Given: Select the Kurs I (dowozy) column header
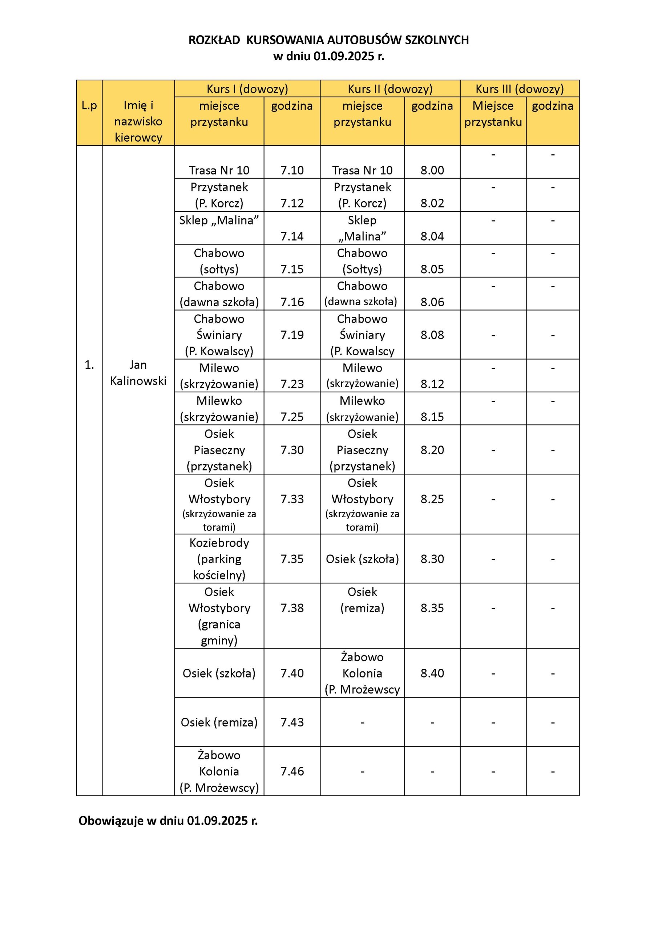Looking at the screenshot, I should [x=247, y=89].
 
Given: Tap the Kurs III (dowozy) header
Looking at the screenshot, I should [x=520, y=89].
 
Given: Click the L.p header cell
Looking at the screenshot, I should [x=89, y=106].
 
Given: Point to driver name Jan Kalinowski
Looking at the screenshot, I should [x=138, y=373].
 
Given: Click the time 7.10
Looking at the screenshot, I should [x=292, y=170].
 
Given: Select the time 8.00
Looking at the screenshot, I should [x=432, y=170].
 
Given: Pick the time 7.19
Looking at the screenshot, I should [x=292, y=335].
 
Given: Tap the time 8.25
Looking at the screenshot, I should [x=432, y=499].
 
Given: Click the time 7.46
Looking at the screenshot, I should [x=292, y=771].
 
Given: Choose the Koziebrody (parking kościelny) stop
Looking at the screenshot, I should [x=219, y=559].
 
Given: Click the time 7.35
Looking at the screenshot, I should [x=292, y=559].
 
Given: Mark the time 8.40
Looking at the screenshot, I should [x=432, y=673].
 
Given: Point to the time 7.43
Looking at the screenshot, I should [x=292, y=722].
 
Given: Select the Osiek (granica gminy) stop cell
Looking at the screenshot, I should [x=219, y=616].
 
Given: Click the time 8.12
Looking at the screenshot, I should [x=432, y=384].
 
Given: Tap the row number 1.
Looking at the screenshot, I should [x=89, y=365].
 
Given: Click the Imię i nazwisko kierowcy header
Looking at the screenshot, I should [x=138, y=121].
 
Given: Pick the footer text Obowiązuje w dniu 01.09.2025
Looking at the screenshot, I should [x=168, y=821].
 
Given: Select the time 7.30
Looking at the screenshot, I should [x=292, y=450].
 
